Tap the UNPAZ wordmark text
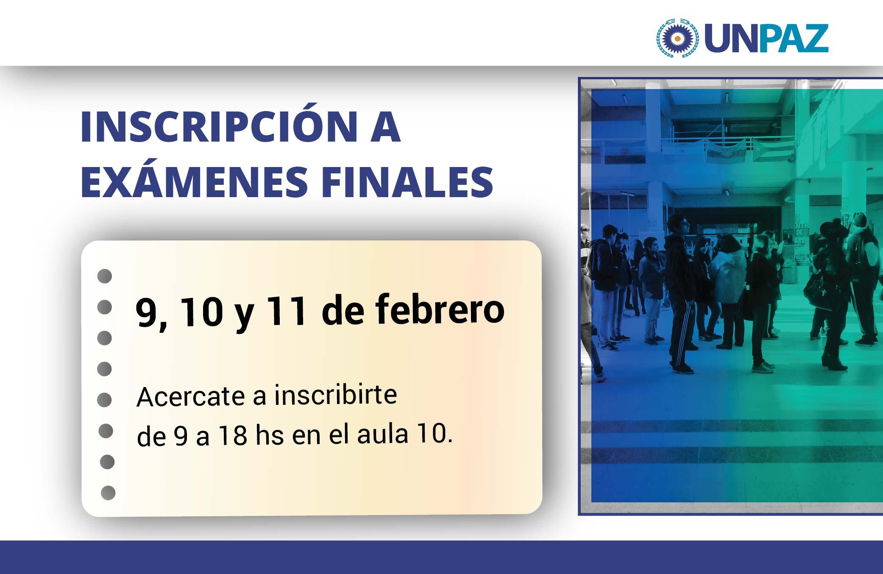pos(766,39)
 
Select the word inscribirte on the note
pos(335,395)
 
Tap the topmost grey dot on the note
pos(104,276)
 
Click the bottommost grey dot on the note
pos(108,493)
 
